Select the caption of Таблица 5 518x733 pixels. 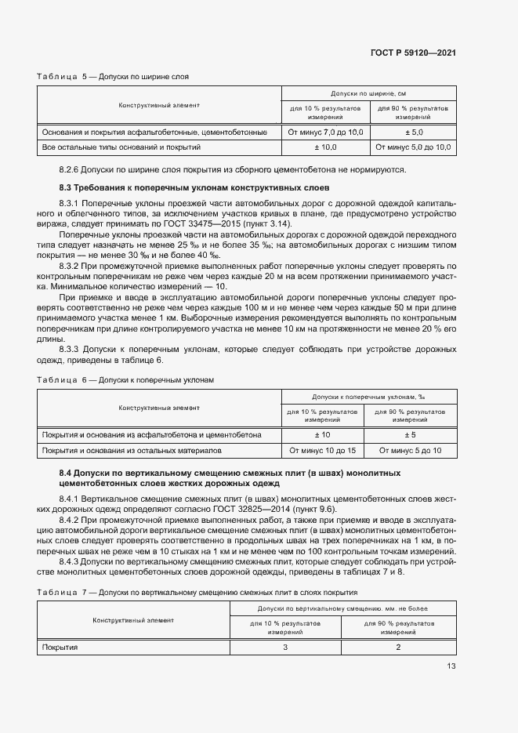tap(113, 77)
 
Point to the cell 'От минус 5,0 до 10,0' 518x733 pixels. tap(413, 147)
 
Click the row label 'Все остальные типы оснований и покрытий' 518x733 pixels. tap(121, 147)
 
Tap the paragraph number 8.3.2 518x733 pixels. tap(72, 267)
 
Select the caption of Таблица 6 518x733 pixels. tap(125, 379)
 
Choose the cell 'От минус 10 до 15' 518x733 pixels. tap(322, 451)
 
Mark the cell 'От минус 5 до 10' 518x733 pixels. tap(410, 451)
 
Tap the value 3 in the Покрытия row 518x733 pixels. tap(285, 648)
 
